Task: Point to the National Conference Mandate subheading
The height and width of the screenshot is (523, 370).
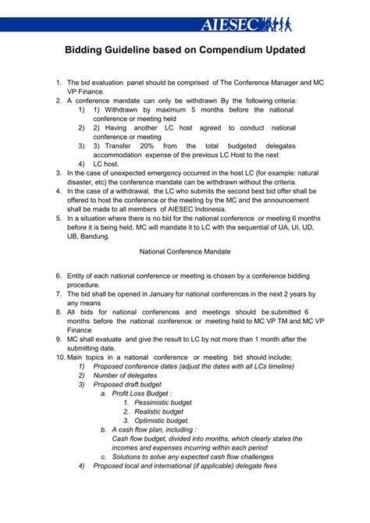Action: click(x=184, y=251)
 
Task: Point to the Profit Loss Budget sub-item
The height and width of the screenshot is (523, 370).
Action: click(x=142, y=393)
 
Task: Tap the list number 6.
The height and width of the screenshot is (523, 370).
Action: click(x=59, y=276)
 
